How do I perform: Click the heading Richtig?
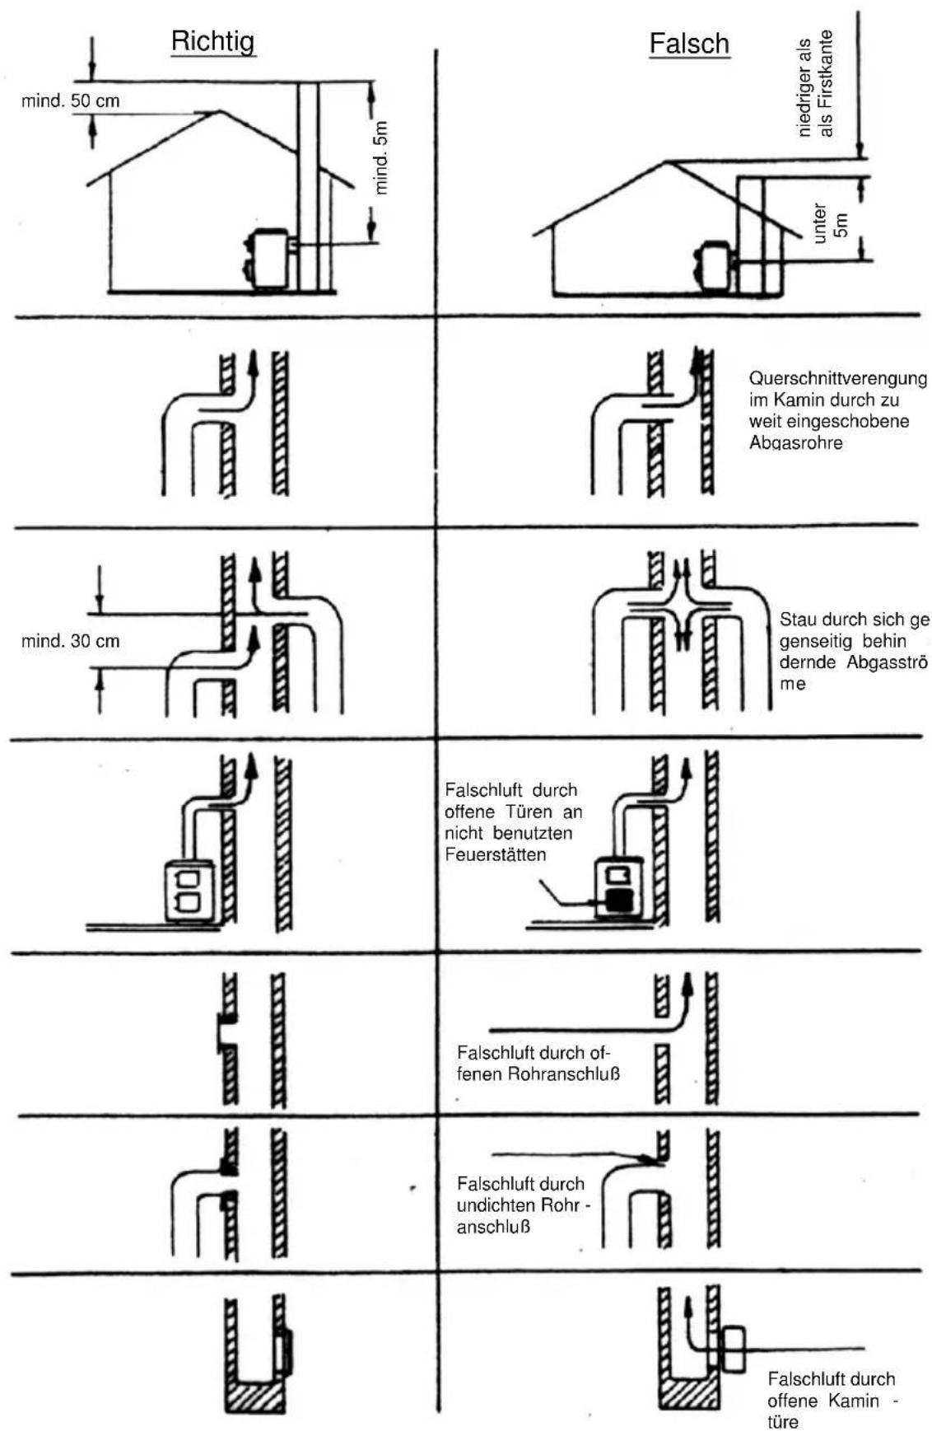(x=213, y=41)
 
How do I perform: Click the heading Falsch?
(x=689, y=43)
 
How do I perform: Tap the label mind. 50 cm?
(x=71, y=101)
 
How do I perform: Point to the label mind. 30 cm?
(x=71, y=641)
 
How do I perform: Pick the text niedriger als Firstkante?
(x=814, y=83)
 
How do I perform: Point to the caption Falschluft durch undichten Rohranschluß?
(x=524, y=1205)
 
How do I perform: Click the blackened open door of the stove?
(x=617, y=900)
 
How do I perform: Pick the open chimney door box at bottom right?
(x=732, y=1348)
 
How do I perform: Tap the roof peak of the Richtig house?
(x=217, y=110)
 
